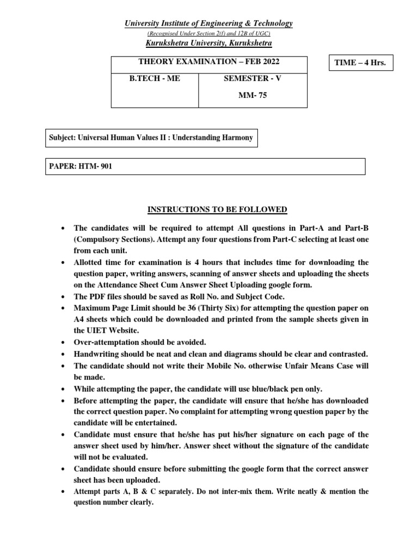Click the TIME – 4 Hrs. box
[x=361, y=63]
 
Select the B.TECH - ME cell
[x=155, y=78]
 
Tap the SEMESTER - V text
[x=253, y=78]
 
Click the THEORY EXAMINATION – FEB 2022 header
[x=209, y=63]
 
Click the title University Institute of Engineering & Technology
[x=209, y=23]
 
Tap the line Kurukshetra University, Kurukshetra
[x=209, y=43]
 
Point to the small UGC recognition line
[x=209, y=33]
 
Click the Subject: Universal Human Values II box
[x=151, y=138]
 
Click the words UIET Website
[x=109, y=331]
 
